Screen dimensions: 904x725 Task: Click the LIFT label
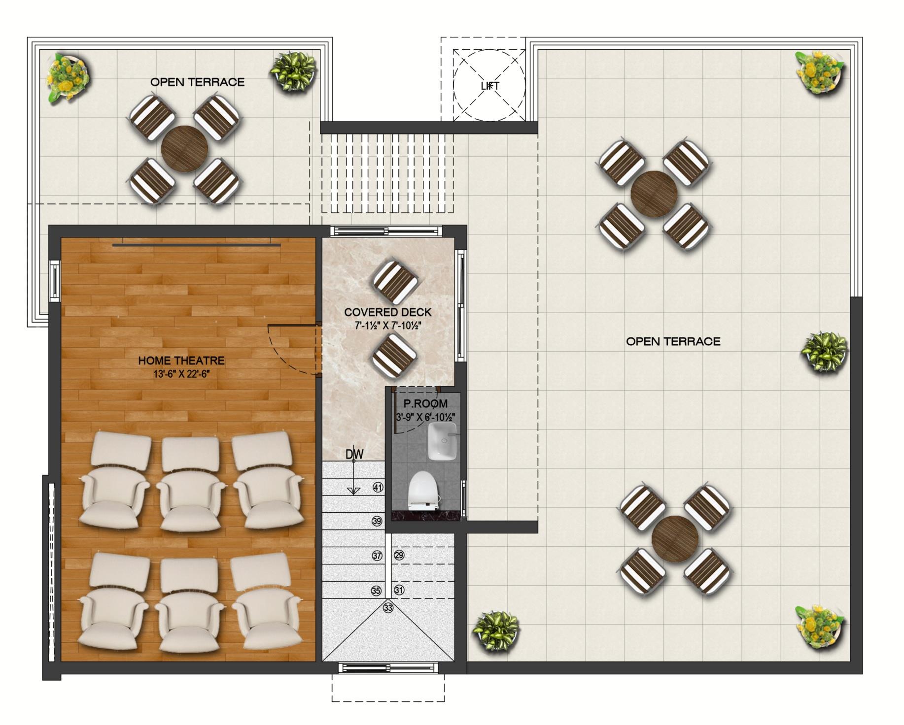tap(490, 86)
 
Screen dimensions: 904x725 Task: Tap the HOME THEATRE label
tap(181, 361)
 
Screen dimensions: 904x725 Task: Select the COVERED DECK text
tap(387, 312)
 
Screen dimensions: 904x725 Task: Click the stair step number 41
tap(378, 488)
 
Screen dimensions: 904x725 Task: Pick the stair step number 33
tap(388, 608)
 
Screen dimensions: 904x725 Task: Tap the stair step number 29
tap(399, 555)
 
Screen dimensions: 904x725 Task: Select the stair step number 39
tap(377, 521)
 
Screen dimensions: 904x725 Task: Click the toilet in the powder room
tap(424, 491)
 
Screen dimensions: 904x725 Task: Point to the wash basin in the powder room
tap(442, 441)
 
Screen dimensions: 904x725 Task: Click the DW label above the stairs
tap(354, 454)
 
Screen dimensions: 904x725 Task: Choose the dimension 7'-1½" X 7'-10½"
tap(388, 326)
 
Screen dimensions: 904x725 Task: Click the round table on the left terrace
tap(185, 149)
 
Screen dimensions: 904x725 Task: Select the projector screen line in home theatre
tap(196, 245)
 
